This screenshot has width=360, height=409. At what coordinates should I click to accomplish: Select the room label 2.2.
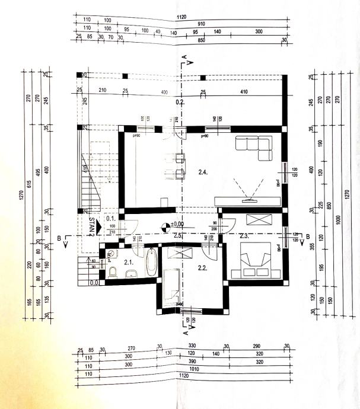coord(202,267)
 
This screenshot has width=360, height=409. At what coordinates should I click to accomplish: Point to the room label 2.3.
coord(243,236)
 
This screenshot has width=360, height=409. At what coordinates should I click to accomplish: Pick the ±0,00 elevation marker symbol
coord(163,225)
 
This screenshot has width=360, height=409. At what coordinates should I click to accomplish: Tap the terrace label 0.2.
coord(180,103)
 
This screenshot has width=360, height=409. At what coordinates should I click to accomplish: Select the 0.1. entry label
coord(109,218)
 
